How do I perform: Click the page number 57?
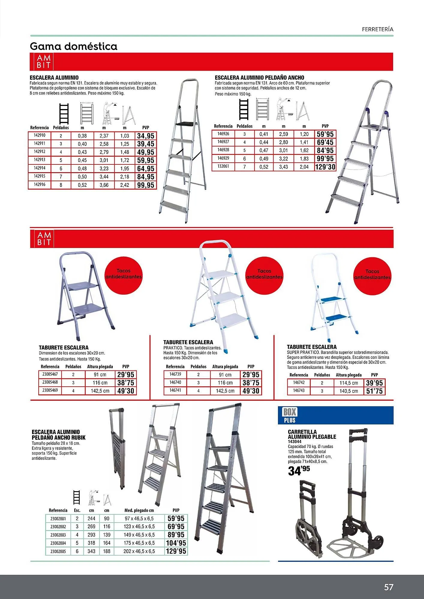[388, 587]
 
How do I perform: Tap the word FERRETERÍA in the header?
[378, 29]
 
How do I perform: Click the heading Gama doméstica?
[74, 46]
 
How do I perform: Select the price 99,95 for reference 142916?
[146, 185]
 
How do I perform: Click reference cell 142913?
[40, 160]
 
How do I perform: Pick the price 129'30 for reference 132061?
[325, 167]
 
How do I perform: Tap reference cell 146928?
[223, 150]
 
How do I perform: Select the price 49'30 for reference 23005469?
[126, 391]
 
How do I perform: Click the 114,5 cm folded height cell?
[349, 383]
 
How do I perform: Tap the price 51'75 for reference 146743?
[374, 391]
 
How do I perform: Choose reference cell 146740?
[175, 382]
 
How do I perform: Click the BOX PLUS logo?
[290, 415]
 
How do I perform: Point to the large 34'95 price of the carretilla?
[299, 471]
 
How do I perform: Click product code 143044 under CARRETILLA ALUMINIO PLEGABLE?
[295, 441]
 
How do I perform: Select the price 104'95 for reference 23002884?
[176, 543]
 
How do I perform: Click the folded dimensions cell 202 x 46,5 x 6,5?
[139, 551]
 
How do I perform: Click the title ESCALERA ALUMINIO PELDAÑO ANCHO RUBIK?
[58, 435]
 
